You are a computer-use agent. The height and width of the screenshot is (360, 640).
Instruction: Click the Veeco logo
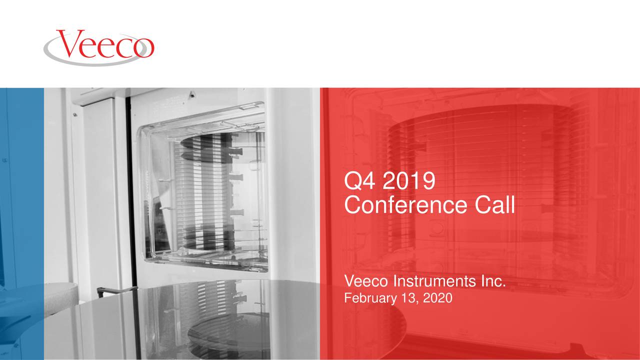[99, 46]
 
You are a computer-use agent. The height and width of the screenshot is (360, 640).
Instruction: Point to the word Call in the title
[495, 205]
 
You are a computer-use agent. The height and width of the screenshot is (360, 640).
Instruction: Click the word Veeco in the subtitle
[366, 283]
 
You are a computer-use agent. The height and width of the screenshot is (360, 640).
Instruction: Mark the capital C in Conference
[353, 205]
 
